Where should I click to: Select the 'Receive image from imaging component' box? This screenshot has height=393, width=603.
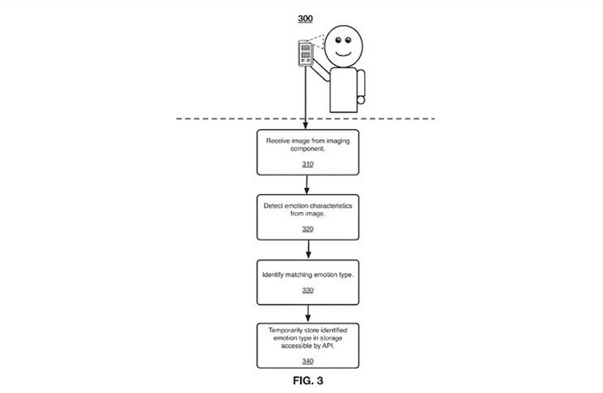coord(307,152)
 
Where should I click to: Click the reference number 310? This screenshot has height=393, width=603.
coord(307,165)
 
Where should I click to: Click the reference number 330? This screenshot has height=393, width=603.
coord(307,291)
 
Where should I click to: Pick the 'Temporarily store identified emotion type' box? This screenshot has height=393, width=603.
coord(307,344)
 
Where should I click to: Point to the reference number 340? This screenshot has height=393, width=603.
coord(307,361)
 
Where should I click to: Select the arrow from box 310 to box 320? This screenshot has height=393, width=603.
coord(307,184)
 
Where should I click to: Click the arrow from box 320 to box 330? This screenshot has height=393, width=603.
coord(307,249)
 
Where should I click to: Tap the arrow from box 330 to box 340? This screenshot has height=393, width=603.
coord(307,313)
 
